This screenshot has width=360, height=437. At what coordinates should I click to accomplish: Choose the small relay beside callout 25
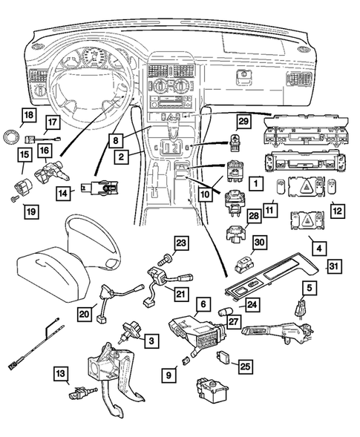(x=220, y=357)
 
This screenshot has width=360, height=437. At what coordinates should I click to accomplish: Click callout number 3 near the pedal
(x=151, y=340)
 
